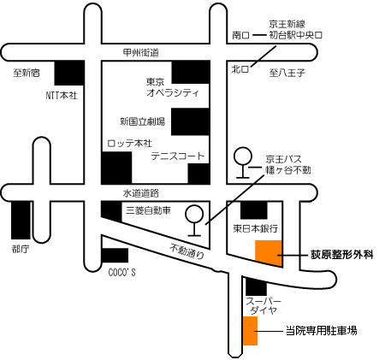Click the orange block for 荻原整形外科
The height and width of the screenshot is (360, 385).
tap(269, 253)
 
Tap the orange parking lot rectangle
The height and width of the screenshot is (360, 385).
tap(250, 331)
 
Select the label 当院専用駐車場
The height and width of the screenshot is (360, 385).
tap(322, 331)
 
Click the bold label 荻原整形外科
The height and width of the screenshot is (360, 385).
tap(342, 255)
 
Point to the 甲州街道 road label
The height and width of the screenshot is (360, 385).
tap(141, 53)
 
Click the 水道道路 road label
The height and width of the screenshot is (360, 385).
tap(141, 193)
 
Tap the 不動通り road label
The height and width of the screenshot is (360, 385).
tap(187, 251)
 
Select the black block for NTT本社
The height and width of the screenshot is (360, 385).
tap(69, 73)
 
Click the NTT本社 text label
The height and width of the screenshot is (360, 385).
tap(62, 95)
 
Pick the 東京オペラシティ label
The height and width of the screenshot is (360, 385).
tap(173, 88)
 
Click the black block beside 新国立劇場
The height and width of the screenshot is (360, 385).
tap(190, 121)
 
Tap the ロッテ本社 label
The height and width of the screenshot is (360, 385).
tap(130, 143)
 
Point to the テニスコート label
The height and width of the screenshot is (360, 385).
tap(178, 156)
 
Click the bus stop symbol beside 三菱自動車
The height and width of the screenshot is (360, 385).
tap(194, 221)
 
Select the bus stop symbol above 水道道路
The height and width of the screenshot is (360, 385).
tap(243, 162)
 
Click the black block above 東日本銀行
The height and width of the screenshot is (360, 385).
tap(254, 210)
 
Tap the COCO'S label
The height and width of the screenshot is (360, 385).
tap(122, 273)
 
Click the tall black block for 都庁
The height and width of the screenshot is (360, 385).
tap(21, 221)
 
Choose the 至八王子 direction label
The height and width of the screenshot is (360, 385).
tap(287, 73)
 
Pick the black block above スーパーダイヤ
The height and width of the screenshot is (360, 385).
tap(256, 286)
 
